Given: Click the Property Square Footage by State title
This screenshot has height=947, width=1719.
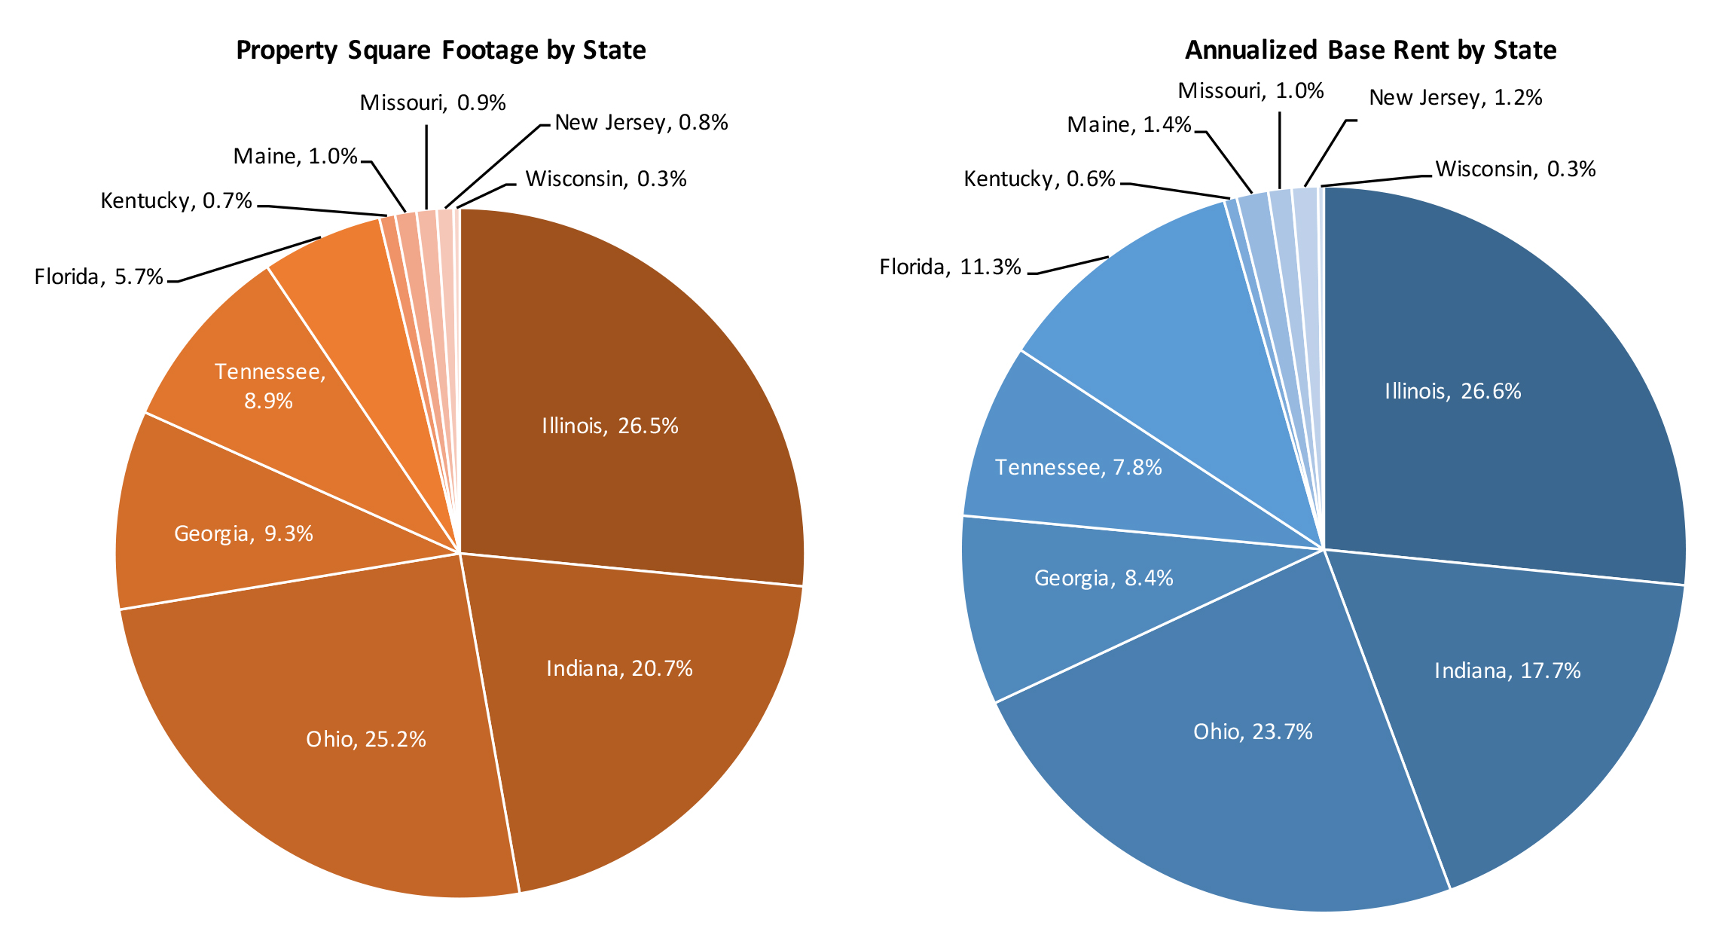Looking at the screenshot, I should click(441, 50).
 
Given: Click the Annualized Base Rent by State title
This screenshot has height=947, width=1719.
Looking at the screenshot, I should click(1370, 50).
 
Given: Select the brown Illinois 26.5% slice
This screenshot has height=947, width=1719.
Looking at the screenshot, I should click(610, 426).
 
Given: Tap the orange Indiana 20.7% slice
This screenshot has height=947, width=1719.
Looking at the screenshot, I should click(619, 669).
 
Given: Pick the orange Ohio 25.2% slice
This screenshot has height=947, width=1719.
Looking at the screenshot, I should click(366, 739).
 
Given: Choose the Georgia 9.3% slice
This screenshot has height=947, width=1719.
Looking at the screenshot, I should click(243, 534).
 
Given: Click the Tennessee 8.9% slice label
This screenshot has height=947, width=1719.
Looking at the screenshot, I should click(270, 386).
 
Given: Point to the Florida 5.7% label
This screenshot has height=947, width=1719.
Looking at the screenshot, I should click(99, 277).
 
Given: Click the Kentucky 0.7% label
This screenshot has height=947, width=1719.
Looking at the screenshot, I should click(176, 201).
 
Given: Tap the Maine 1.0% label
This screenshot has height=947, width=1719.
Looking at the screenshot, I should click(295, 157).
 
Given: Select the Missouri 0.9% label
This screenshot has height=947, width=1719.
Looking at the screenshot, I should click(432, 102).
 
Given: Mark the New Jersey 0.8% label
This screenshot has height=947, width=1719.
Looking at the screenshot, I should click(641, 123).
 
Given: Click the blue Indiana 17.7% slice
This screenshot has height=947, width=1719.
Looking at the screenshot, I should click(1507, 671).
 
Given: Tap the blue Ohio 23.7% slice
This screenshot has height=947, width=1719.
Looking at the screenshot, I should click(1253, 732).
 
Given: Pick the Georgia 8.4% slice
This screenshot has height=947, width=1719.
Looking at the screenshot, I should click(1104, 579).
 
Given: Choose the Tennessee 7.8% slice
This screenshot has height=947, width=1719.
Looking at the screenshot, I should click(1078, 468).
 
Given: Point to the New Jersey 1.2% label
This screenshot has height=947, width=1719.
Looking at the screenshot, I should click(1455, 98).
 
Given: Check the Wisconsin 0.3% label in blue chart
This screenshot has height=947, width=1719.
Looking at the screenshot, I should click(1516, 170).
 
